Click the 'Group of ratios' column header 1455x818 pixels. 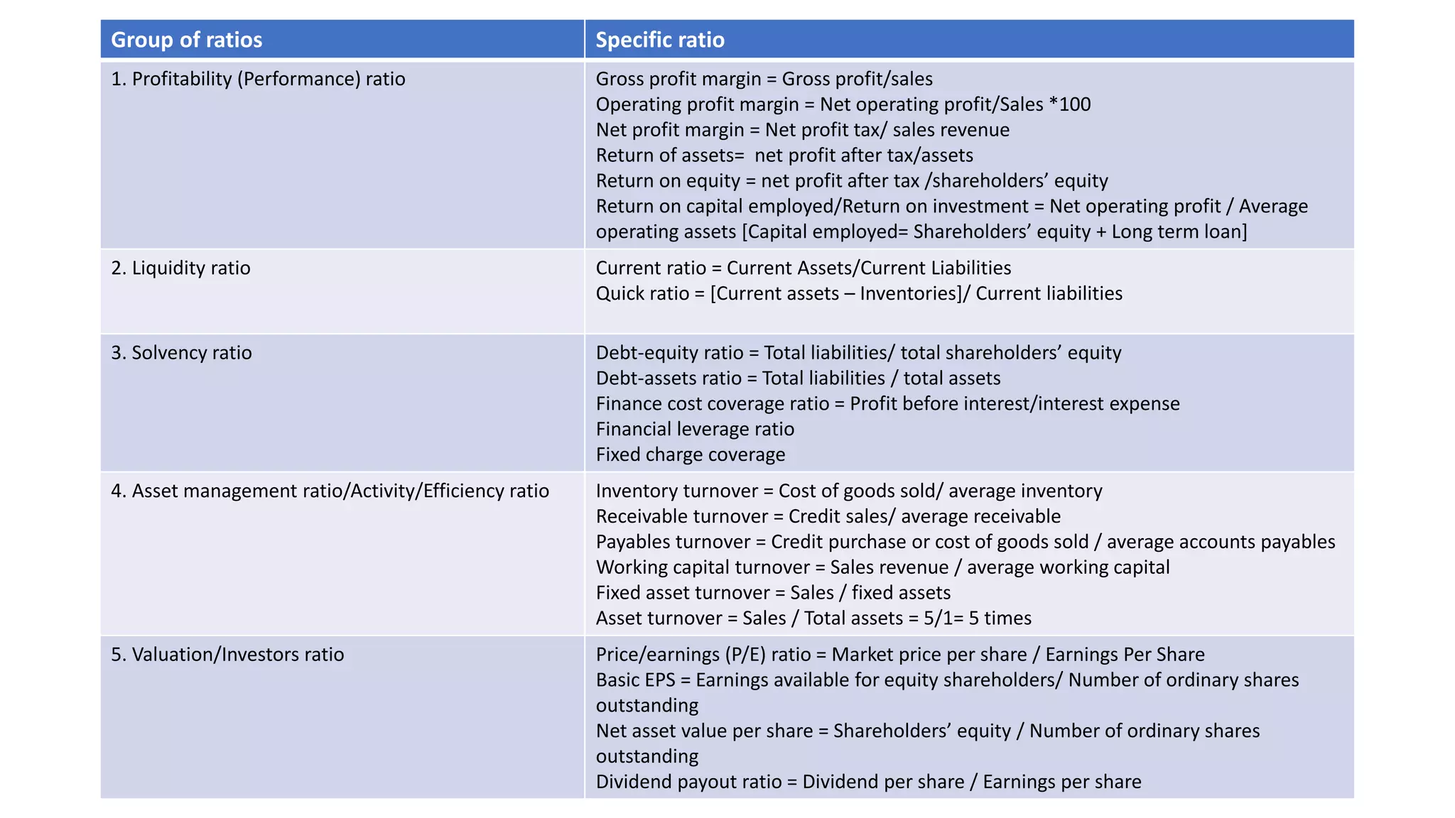click(187, 40)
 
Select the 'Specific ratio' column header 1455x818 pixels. click(660, 40)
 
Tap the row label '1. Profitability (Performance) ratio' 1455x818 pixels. click(258, 79)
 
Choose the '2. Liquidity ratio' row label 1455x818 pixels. click(180, 268)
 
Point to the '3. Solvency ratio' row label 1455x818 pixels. click(181, 353)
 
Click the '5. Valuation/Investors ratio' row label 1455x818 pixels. click(227, 654)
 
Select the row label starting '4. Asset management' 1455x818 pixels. click(330, 491)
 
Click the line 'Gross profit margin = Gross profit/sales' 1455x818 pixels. click(764, 79)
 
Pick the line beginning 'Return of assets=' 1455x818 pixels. click(784, 156)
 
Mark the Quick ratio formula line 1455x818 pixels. click(859, 293)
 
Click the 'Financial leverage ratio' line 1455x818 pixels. click(695, 429)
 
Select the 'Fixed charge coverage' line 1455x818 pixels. click(691, 454)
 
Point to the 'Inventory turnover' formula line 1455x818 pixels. click(849, 491)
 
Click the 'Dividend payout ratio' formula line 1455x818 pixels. click(868, 782)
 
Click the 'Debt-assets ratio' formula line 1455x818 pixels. click(798, 378)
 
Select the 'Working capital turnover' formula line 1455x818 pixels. click(882, 567)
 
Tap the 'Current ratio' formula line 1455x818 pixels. click(803, 268)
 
